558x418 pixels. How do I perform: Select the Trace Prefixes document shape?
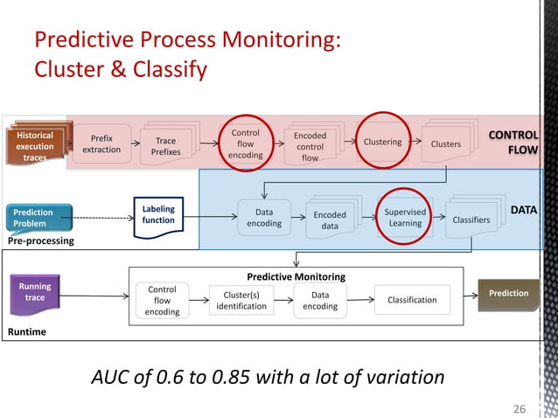pos(165,146)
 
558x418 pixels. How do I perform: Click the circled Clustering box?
pos(381,142)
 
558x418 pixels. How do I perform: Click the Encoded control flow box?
pos(310,147)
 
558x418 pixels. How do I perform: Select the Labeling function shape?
pos(158,215)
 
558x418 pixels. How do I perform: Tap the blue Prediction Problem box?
pos(33,218)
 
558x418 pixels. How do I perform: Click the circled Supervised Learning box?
pos(405,217)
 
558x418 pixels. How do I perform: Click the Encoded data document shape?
pos(330,219)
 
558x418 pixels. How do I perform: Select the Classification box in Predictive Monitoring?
pos(411,300)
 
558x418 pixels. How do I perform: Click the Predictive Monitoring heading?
pos(296,276)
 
